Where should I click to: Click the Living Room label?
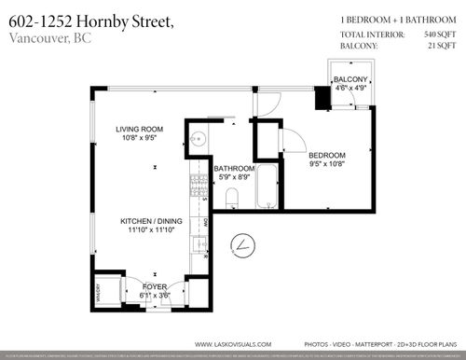140,130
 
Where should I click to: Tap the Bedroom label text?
327,155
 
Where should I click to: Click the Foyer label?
155,286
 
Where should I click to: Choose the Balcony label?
351,78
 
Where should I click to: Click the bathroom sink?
198,142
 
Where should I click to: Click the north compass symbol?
244,245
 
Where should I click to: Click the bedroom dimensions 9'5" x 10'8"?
327,164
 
